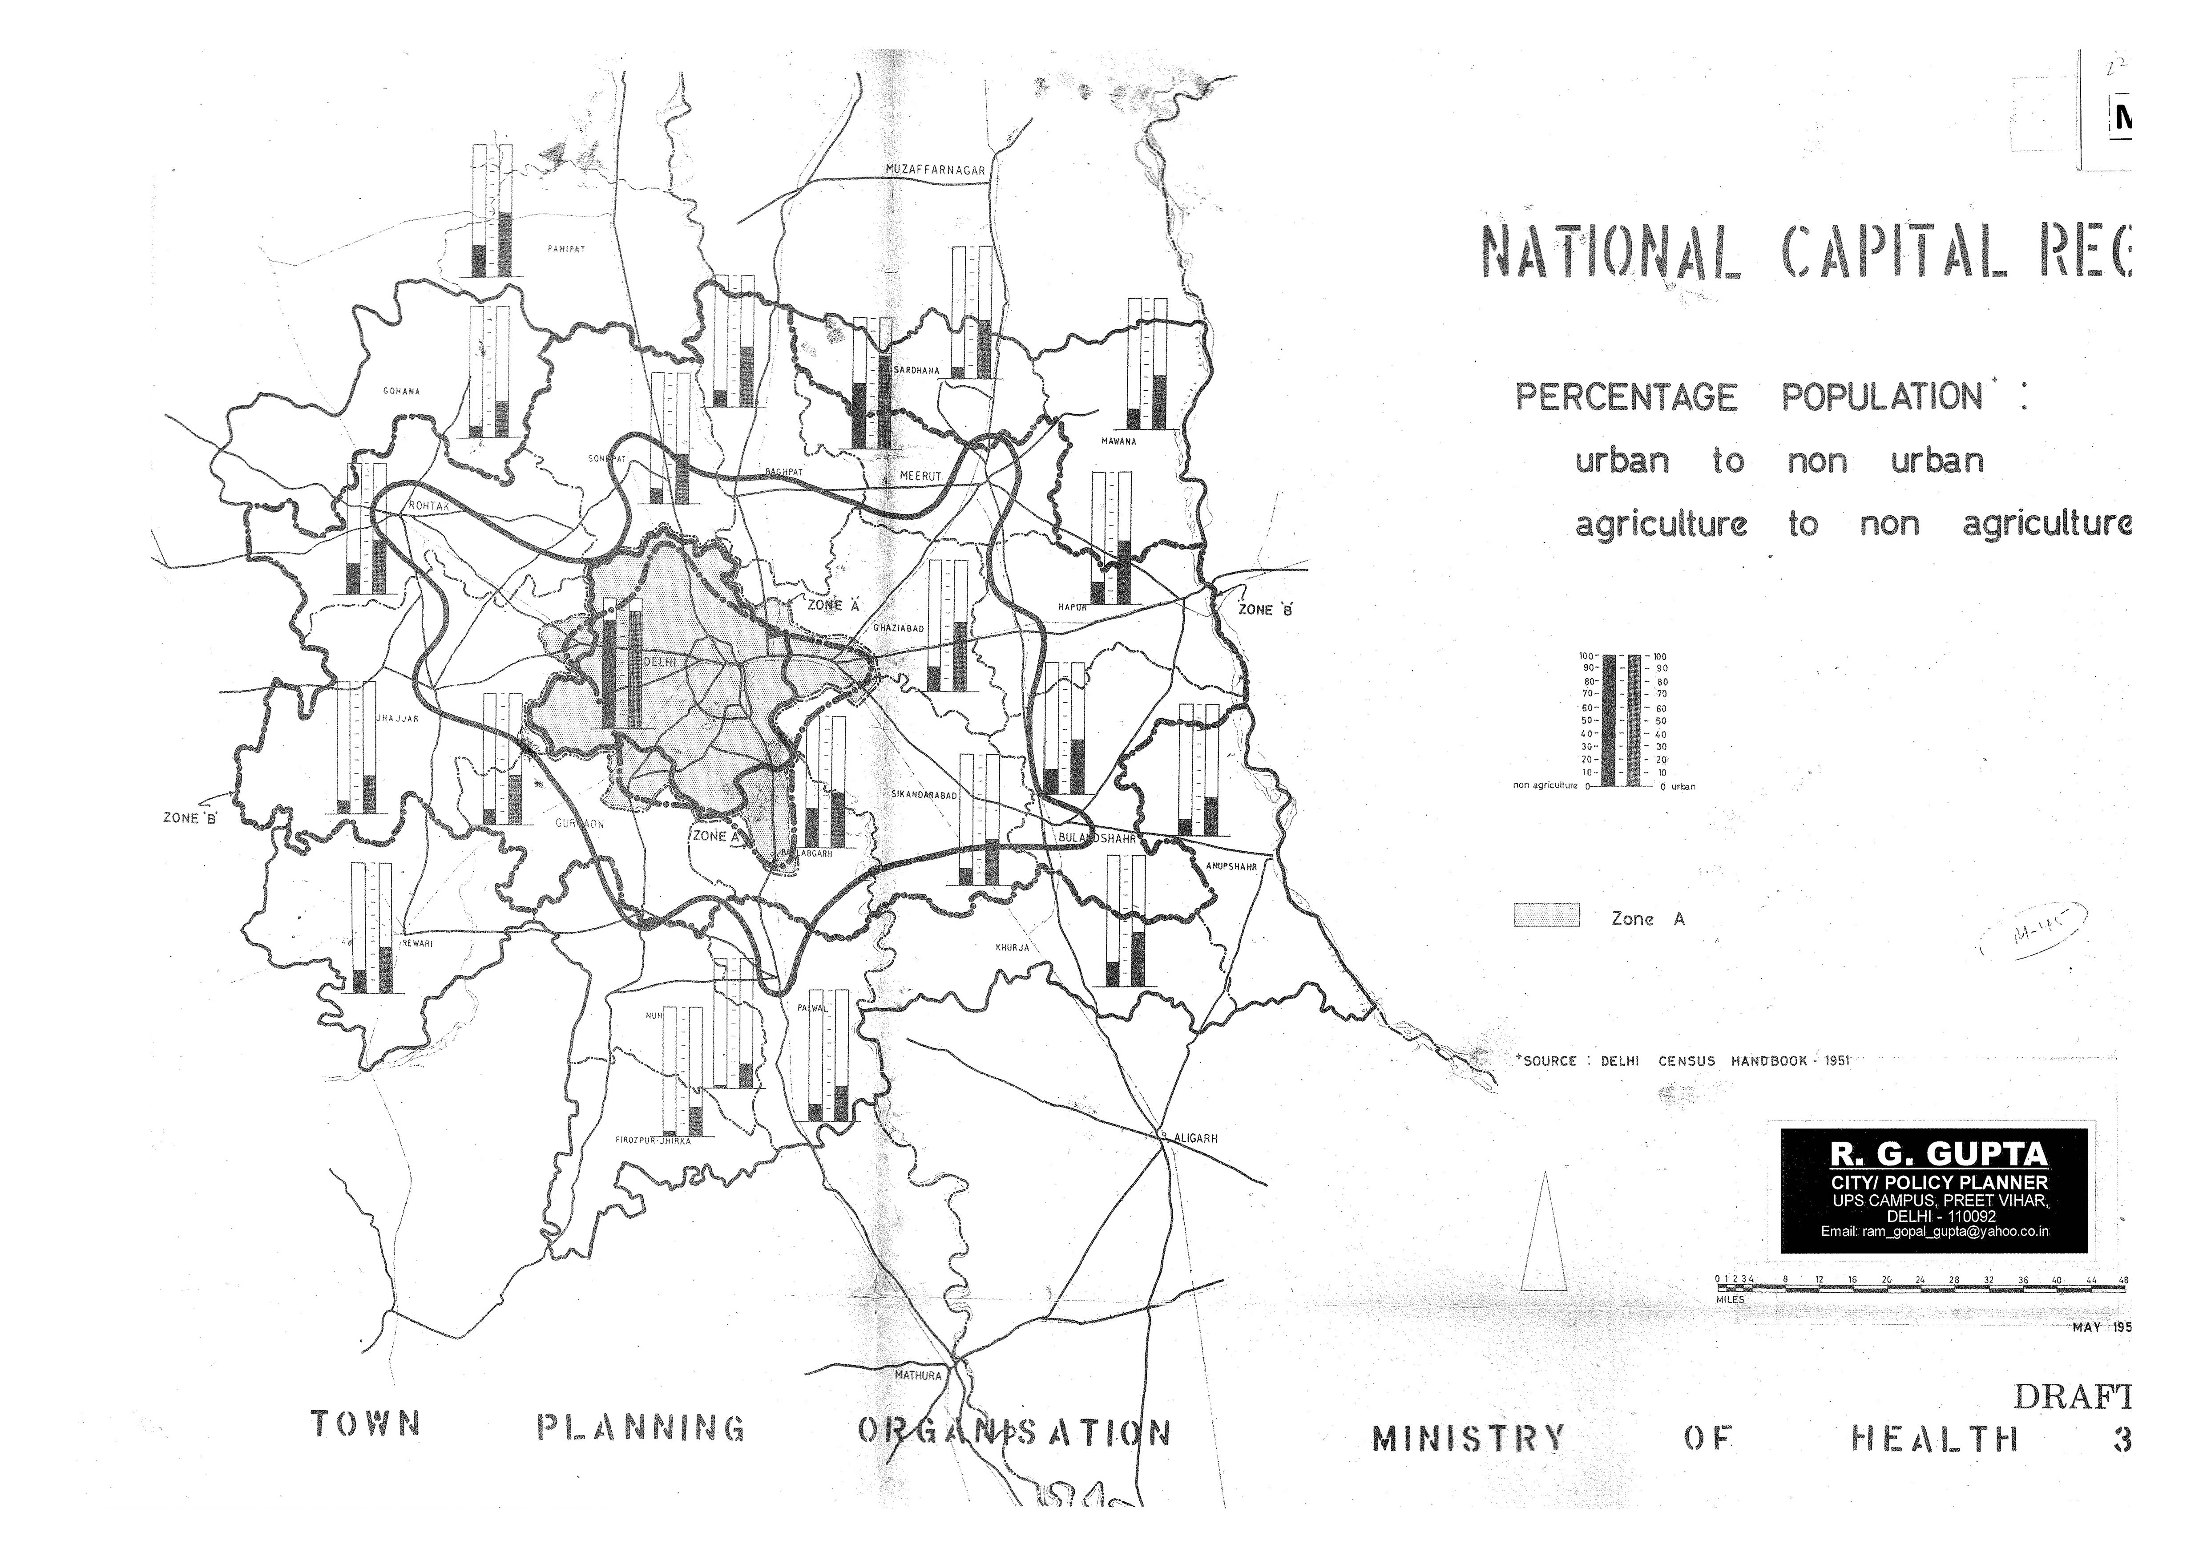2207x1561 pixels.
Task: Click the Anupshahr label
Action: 1231,866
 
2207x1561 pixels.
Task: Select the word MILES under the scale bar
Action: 1730,1299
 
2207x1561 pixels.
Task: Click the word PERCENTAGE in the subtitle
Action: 1626,397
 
